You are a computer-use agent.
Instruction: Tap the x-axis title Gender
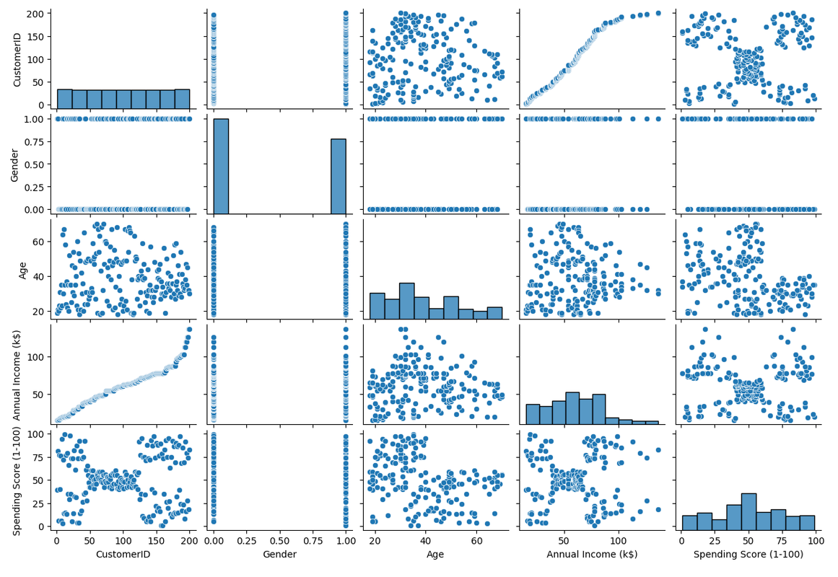click(279, 555)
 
